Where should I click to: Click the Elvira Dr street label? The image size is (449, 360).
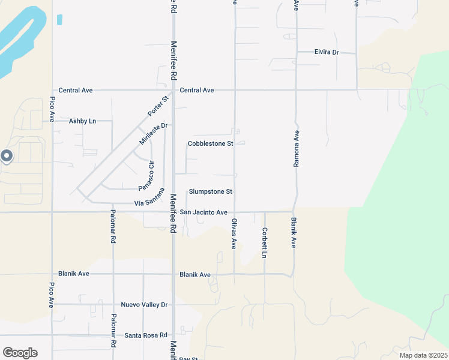tap(327, 52)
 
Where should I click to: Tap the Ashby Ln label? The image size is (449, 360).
tap(82, 121)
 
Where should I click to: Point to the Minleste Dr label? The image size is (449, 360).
tap(152, 133)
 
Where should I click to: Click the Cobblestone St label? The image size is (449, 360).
tap(210, 143)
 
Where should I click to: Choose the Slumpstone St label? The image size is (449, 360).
tap(210, 191)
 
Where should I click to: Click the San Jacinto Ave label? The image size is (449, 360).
tap(203, 212)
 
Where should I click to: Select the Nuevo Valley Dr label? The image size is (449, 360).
tap(144, 305)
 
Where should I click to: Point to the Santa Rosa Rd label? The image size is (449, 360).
tap(146, 335)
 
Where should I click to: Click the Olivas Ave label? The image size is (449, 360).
tap(234, 234)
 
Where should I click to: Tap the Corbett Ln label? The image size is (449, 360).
tap(264, 242)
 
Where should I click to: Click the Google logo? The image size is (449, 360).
tap(20, 353)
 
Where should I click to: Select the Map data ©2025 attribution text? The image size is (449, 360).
tap(423, 355)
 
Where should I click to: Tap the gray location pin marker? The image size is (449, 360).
tap(7, 157)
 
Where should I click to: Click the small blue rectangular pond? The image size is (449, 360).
tap(59, 19)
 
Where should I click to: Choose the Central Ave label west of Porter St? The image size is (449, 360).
tap(76, 90)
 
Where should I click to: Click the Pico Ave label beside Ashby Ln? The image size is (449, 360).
tap(52, 109)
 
